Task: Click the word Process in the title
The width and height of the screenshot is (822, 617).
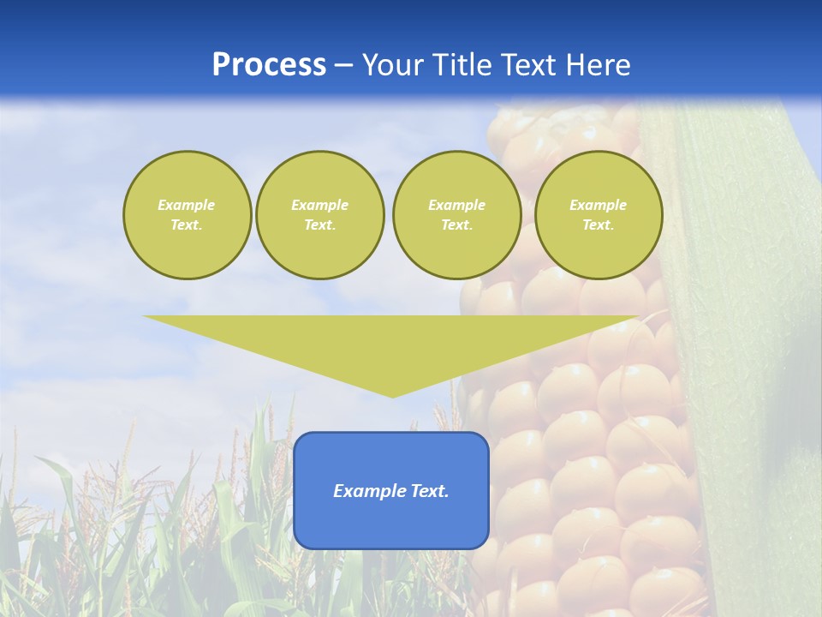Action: tap(269, 65)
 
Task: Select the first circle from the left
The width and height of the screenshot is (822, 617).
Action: tap(187, 215)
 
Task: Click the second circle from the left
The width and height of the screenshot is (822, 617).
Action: tap(319, 215)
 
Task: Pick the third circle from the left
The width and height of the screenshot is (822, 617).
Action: tap(456, 215)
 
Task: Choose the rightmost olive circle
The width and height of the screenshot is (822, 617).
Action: tap(598, 215)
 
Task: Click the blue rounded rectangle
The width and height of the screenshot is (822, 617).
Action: tap(391, 490)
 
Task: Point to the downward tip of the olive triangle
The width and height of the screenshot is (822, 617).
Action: tap(392, 395)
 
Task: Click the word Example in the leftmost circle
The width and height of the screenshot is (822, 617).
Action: tap(187, 205)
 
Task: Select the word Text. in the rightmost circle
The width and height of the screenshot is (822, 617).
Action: tap(598, 225)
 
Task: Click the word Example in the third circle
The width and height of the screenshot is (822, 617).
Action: tap(456, 205)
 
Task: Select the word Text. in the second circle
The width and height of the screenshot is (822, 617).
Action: tap(319, 225)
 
